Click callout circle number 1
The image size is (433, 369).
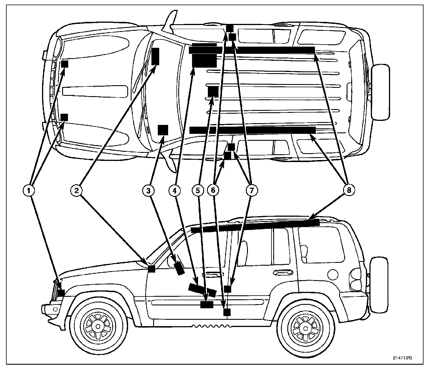[x=29, y=190]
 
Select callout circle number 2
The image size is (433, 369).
[x=76, y=190]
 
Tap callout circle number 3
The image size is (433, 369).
[x=148, y=190]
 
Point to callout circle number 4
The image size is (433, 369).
[x=174, y=190]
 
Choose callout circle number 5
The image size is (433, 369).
[x=198, y=190]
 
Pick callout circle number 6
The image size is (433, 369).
[x=213, y=190]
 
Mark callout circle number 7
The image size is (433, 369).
[x=252, y=190]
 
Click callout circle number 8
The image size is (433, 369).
[x=349, y=190]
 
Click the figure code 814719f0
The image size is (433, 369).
[x=403, y=358]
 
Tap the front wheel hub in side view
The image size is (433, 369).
[x=98, y=326]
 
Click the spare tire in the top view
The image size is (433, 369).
[x=380, y=92]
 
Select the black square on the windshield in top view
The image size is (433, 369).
[x=163, y=130]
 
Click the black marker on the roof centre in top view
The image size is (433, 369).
[x=213, y=92]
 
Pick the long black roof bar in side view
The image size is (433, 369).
[x=255, y=226]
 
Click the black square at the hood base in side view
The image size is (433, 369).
[x=151, y=269]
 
